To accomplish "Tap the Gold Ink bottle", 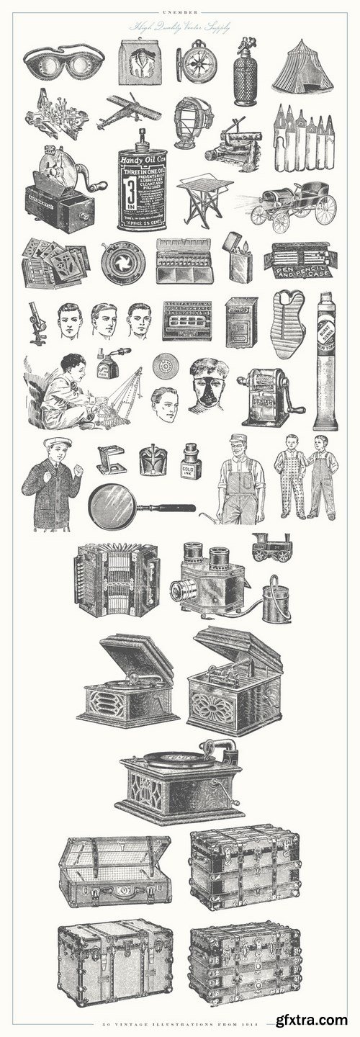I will point(190,463).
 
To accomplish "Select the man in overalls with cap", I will point(240,479).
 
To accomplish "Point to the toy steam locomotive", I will point(271,547).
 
